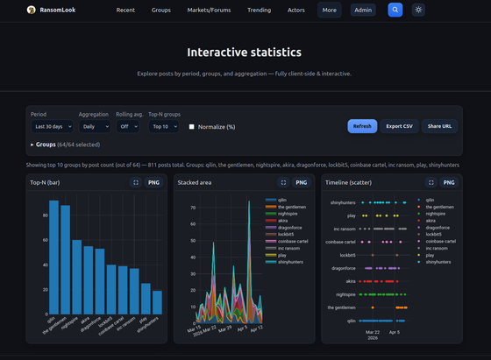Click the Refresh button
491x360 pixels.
pyautogui.click(x=361, y=126)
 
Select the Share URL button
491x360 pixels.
pyautogui.click(x=439, y=126)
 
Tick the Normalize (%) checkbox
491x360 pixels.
pyautogui.click(x=192, y=127)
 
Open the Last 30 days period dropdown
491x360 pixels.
pyautogui.click(x=52, y=126)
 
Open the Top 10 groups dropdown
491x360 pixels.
pyautogui.click(x=164, y=126)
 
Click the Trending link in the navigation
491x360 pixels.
pyautogui.click(x=259, y=11)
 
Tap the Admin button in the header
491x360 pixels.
pyautogui.click(x=363, y=11)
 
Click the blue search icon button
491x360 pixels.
pyautogui.click(x=395, y=11)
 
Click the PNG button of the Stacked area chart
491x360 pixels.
pyautogui.click(x=301, y=182)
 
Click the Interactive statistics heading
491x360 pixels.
pyautogui.click(x=245, y=53)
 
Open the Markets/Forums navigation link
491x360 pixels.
pyautogui.click(x=209, y=11)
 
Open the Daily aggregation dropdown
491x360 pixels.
pyautogui.click(x=94, y=126)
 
